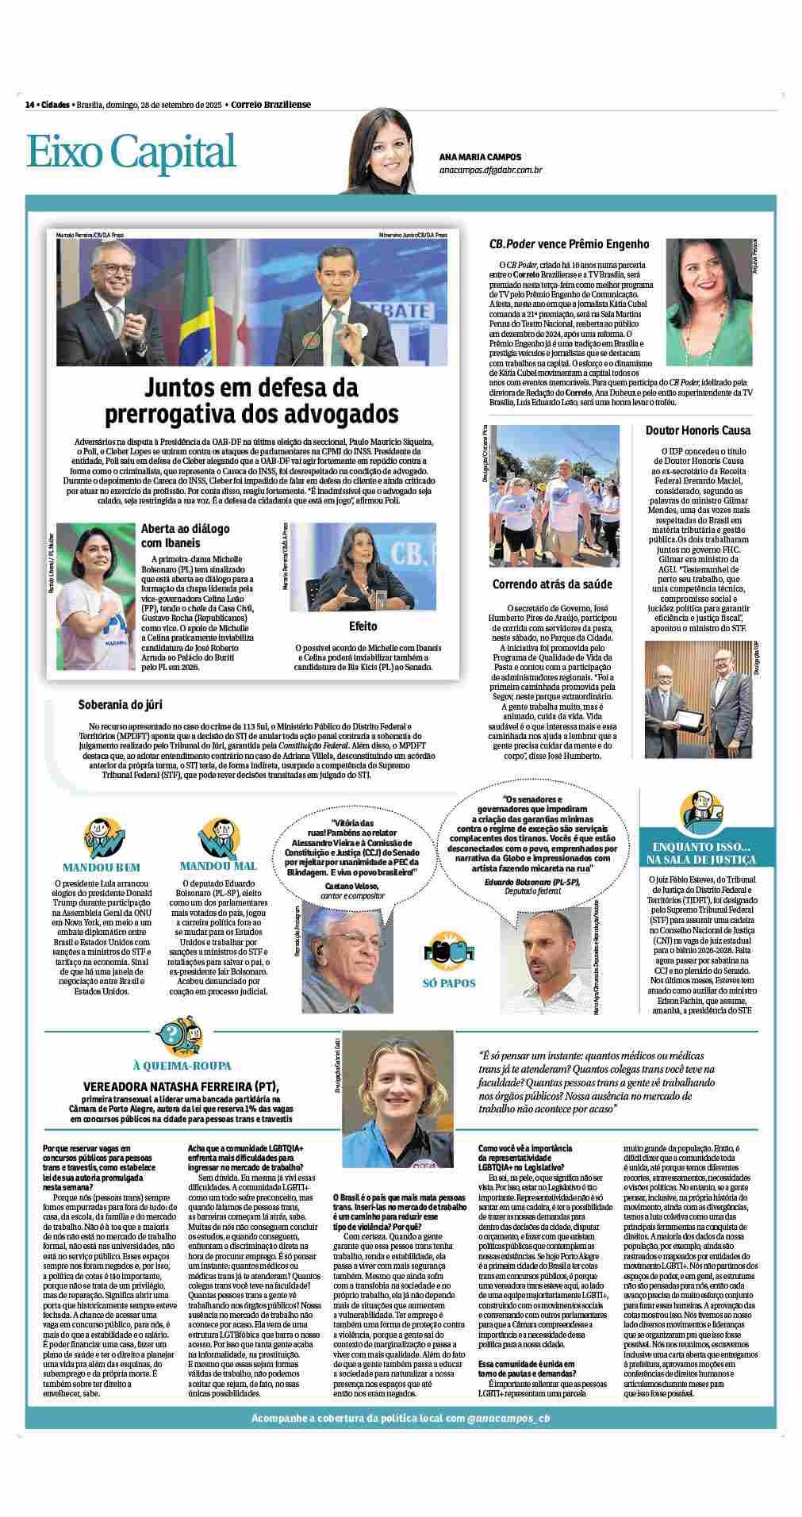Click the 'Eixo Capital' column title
click(x=132, y=152)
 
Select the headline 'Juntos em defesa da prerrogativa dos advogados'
click(x=252, y=400)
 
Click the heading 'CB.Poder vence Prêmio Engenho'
click(x=569, y=243)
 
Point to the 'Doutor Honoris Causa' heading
click(x=698, y=431)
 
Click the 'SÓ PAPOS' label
click(x=449, y=983)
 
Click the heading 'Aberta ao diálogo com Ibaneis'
click(x=181, y=536)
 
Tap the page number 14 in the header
click(x=29, y=105)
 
